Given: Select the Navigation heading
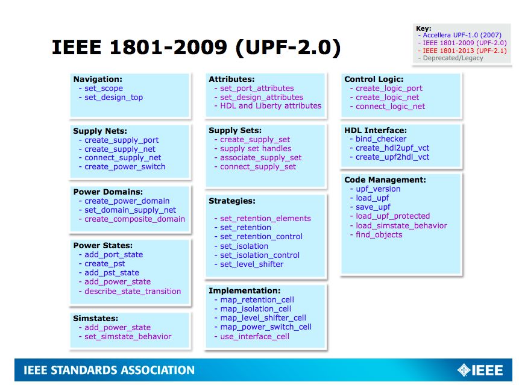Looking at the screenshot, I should coord(98,79).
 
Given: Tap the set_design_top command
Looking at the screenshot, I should coord(113,97).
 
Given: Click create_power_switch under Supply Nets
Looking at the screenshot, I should coord(125,167).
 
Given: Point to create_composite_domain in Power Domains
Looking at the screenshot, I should coord(134,219).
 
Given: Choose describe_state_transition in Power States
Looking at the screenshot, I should coord(133,291).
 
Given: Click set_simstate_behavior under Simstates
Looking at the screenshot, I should coord(128,337).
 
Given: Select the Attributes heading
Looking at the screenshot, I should coord(231,79).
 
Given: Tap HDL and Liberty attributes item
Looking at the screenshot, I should coord(271,106).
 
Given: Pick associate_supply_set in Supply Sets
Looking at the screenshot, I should coord(260,158).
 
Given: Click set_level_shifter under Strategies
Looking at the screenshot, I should coord(251,264).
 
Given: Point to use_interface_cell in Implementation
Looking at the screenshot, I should coord(254,336).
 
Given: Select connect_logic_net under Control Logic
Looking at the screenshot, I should coord(390,107).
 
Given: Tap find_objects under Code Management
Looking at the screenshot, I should coord(379,235).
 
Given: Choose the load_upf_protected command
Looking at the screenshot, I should coord(392,216).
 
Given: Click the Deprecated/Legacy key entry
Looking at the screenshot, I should coord(453,58).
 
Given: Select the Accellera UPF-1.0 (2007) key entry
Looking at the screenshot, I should coord(460,36).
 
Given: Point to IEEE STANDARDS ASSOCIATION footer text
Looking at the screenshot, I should coord(109,371).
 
